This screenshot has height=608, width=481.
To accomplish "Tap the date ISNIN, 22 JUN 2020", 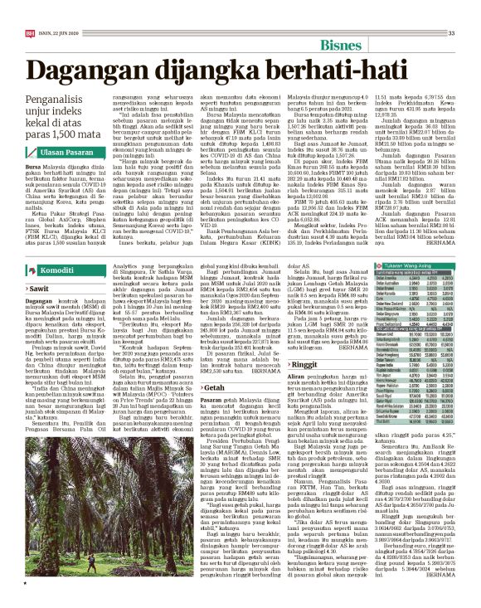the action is click(x=49, y=9).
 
